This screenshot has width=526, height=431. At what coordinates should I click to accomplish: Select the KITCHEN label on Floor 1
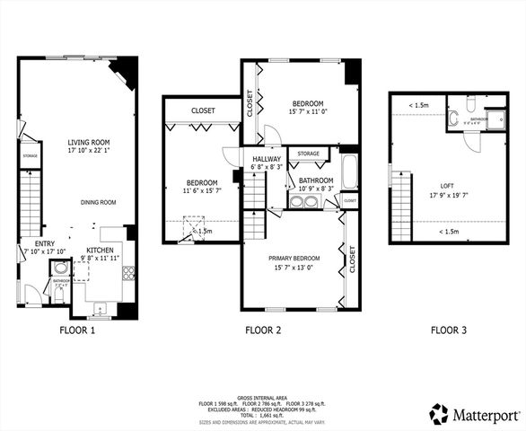point(99,250)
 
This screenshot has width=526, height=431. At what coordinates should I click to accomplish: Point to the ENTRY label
point(45,243)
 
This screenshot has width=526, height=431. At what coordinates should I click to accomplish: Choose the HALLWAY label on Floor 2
point(267,158)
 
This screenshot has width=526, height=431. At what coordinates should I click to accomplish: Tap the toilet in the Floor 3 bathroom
point(455,116)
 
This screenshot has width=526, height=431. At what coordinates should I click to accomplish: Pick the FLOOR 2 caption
point(263,330)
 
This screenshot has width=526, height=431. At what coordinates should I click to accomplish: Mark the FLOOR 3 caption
point(449,330)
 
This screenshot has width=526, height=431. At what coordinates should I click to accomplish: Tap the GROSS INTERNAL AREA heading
point(263,396)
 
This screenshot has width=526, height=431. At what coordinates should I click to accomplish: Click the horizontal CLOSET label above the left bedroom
point(204,110)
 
